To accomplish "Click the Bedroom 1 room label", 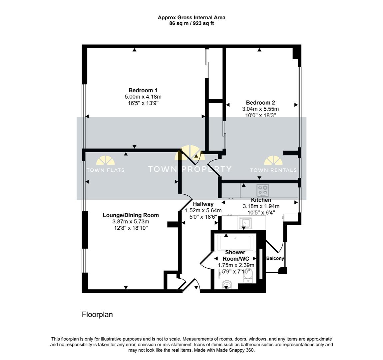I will pyautogui.click(x=143, y=90).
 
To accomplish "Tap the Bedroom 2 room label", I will pyautogui.click(x=260, y=103).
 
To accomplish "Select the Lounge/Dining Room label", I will pyautogui.click(x=131, y=215).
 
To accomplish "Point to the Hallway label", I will pyautogui.click(x=203, y=204).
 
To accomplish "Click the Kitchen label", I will pyautogui.click(x=261, y=200).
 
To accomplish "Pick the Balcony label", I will pyautogui.click(x=275, y=258).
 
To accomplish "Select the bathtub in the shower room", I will pyautogui.click(x=236, y=242).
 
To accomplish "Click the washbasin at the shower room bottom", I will pyautogui.click(x=227, y=285).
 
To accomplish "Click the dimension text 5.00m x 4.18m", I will pyautogui.click(x=143, y=97).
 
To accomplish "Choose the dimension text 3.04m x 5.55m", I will pyautogui.click(x=260, y=109).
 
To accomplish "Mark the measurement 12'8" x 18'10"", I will pyautogui.click(x=131, y=228).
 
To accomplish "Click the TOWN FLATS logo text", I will pyautogui.click(x=106, y=170).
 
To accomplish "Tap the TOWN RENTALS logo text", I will pyautogui.click(x=273, y=170).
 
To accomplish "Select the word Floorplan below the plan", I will pyautogui.click(x=97, y=314).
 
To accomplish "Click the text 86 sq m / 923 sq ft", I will pyautogui.click(x=191, y=23).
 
